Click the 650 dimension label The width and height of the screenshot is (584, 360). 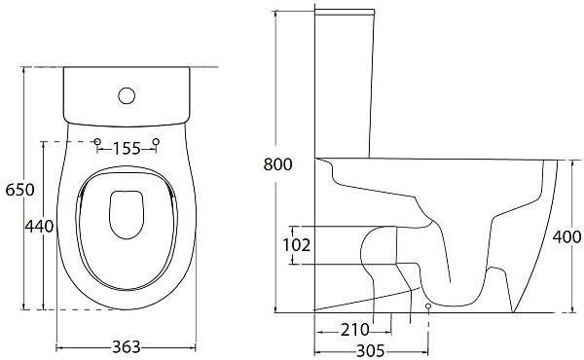coord(19,190)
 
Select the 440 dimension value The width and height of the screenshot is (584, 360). coord(39,226)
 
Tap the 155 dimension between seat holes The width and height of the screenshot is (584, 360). coord(127,149)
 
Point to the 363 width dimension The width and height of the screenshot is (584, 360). coord(127,347)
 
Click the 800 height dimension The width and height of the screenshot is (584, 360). coord(277,164)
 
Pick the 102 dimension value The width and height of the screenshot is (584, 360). coord(297,245)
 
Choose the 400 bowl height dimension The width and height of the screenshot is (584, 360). coord(566,236)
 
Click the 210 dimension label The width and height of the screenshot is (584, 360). coord(354,330)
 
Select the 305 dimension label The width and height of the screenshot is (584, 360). coord(371,350)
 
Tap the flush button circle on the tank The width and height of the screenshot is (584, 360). coord(127,95)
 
